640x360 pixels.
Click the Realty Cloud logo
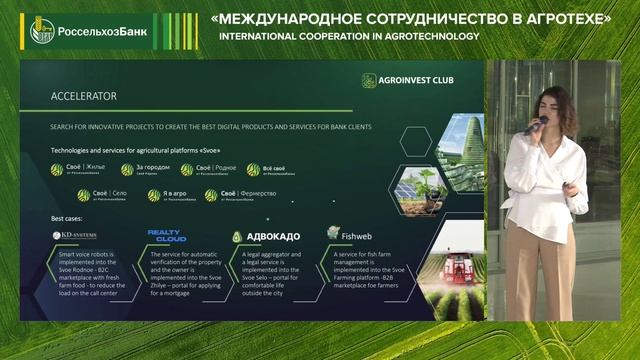[166, 236]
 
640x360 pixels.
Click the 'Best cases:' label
[68, 217]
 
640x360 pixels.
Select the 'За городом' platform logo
[147, 170]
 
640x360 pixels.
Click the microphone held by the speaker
[535, 125]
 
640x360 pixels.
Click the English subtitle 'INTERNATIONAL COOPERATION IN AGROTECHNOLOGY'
[349, 37]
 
